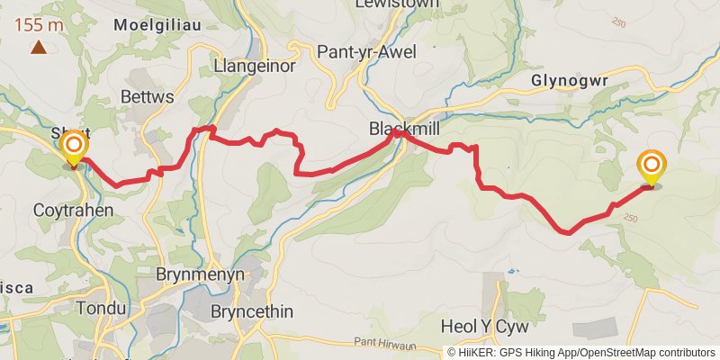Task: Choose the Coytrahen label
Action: click(x=74, y=211)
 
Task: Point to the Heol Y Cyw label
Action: click(x=484, y=325)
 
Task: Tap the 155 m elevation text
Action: click(x=39, y=25)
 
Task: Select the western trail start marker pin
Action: click(x=73, y=147)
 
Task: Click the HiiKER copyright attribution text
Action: click(x=581, y=352)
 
